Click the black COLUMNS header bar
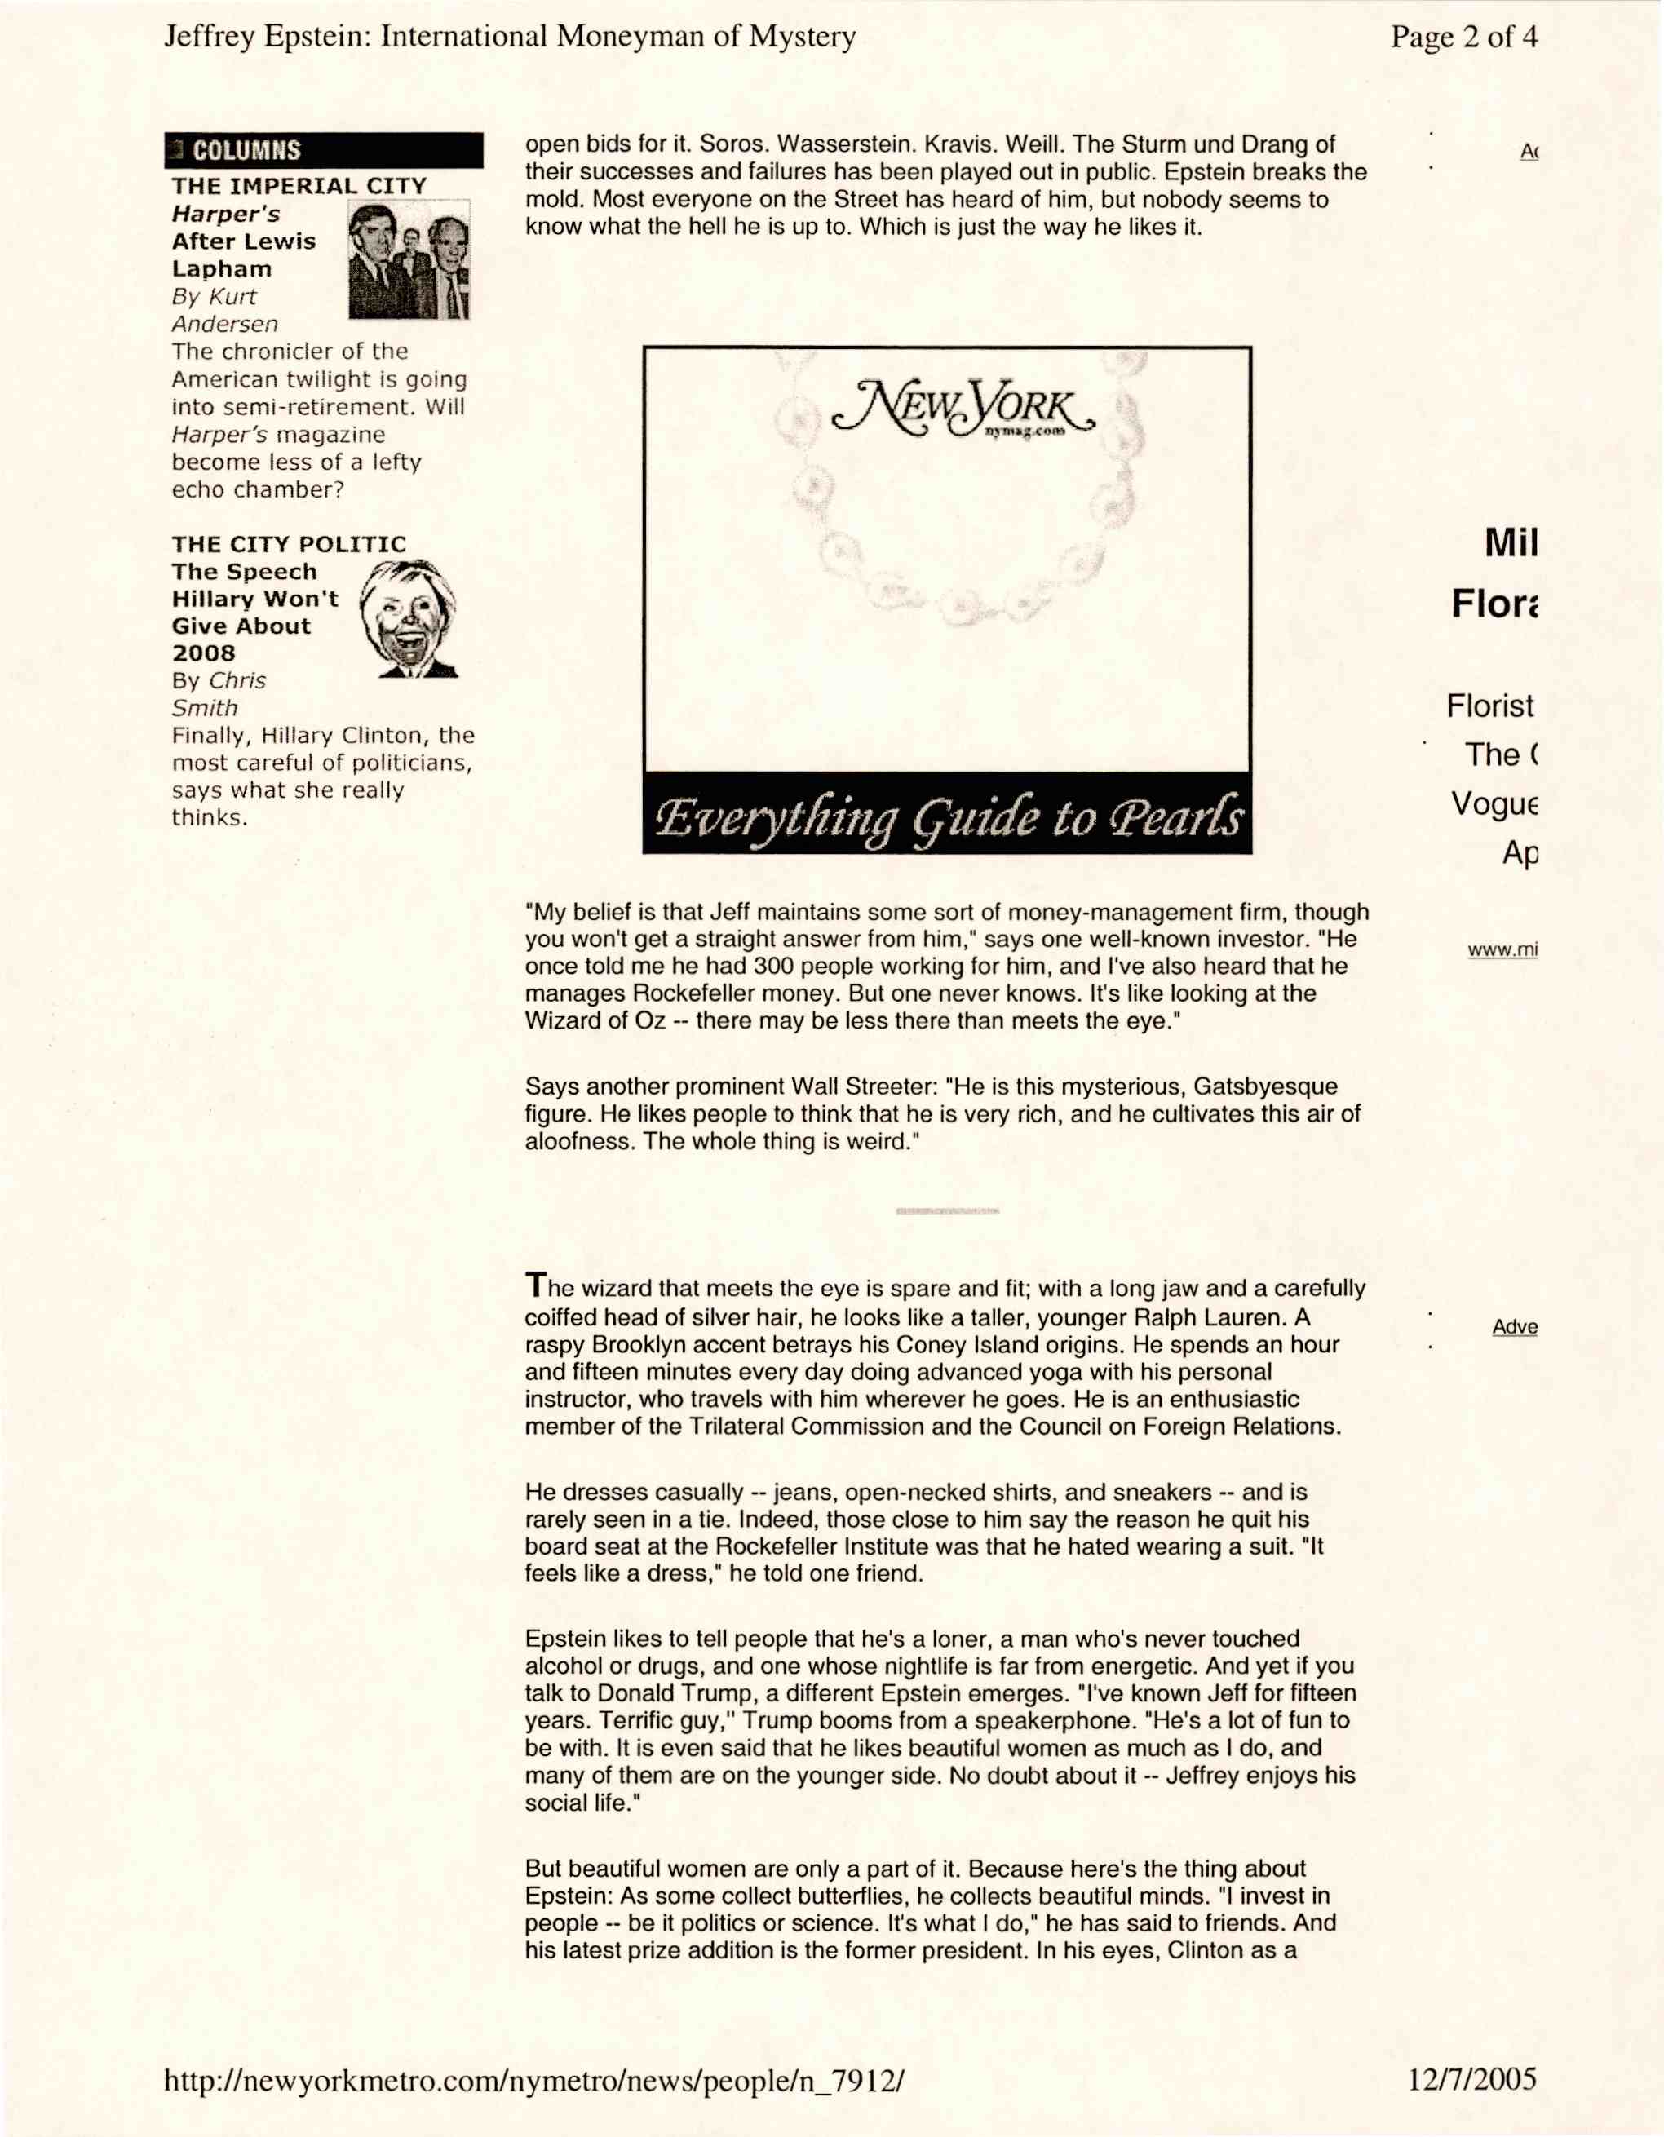[x=323, y=150]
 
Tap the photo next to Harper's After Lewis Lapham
[x=409, y=260]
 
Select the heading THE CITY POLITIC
[x=289, y=544]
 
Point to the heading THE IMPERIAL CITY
[x=299, y=186]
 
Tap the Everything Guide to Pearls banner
[x=947, y=815]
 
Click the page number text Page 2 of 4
[x=1463, y=38]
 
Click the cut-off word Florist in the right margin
[x=1490, y=706]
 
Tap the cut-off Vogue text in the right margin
[x=1494, y=803]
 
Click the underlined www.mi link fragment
[x=1502, y=949]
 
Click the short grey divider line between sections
[x=947, y=1211]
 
